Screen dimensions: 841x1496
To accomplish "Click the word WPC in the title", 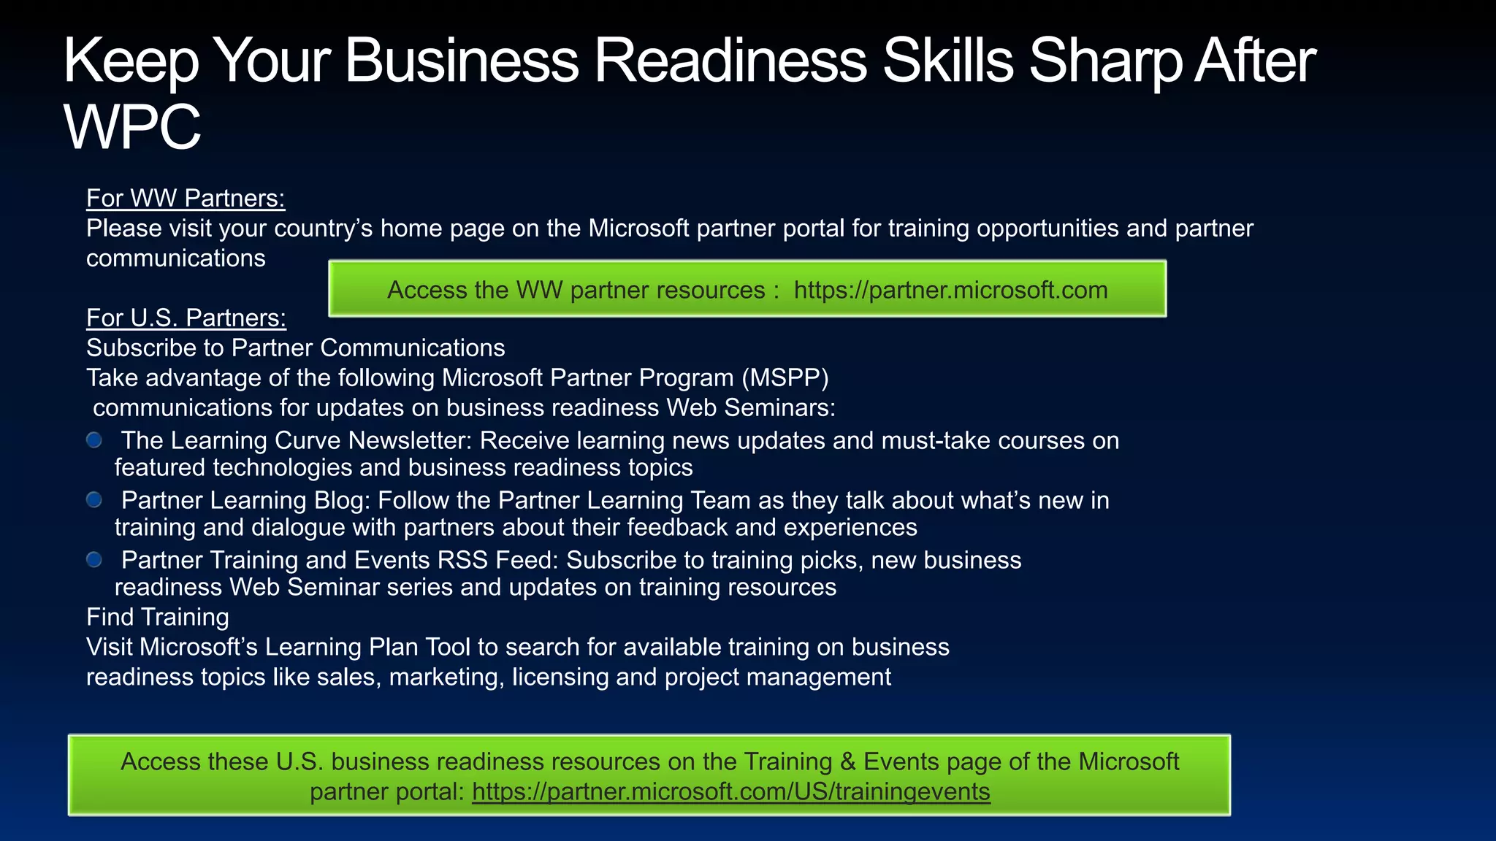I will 132,127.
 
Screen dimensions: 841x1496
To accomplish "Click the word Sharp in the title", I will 1104,61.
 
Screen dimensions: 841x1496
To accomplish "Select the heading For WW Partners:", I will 186,198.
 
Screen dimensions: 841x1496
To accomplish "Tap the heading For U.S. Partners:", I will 186,318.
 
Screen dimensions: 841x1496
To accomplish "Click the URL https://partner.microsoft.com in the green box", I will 950,290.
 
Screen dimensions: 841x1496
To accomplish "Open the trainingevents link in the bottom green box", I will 730,791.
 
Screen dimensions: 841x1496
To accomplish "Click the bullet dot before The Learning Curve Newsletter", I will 94,440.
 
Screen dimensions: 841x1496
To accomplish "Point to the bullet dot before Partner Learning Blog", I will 94,500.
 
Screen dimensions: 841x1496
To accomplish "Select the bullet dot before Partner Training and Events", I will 94,560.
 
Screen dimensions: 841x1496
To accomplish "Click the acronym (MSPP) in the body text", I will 785,378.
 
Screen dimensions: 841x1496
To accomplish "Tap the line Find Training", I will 158,617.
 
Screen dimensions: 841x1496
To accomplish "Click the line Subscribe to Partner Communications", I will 295,348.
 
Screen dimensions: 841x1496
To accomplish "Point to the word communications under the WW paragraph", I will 176,258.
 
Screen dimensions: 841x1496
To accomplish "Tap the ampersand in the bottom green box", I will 847,761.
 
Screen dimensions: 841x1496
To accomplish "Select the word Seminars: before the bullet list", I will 779,407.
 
